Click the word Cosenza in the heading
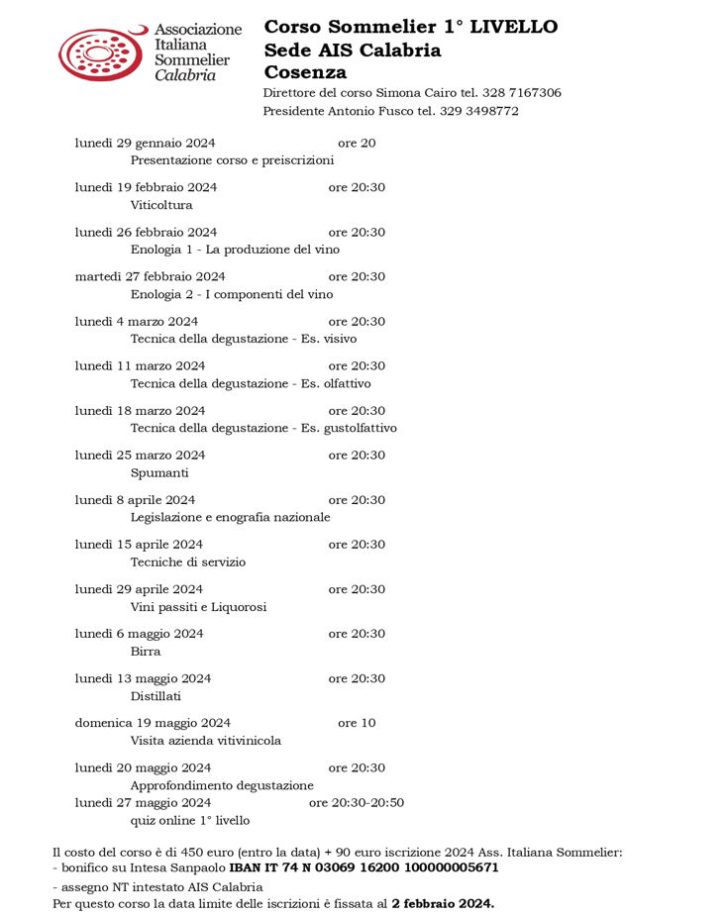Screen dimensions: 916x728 [305, 72]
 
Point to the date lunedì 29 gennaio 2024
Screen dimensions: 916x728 [145, 143]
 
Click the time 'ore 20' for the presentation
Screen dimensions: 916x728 [357, 143]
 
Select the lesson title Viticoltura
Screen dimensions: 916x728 [161, 205]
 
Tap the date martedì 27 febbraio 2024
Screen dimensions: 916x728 [150, 276]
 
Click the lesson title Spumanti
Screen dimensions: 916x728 [159, 472]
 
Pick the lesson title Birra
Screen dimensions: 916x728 [146, 652]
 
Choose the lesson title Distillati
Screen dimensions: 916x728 [156, 696]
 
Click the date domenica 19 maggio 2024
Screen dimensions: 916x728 [153, 723]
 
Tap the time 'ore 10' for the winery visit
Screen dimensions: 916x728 [357, 723]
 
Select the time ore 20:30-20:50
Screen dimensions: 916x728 [357, 802]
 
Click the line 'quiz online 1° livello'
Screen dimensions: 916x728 [190, 820]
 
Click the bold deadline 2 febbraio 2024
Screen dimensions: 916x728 [442, 903]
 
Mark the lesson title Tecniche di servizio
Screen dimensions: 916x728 [188, 561]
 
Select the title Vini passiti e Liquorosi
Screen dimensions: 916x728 [198, 607]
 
